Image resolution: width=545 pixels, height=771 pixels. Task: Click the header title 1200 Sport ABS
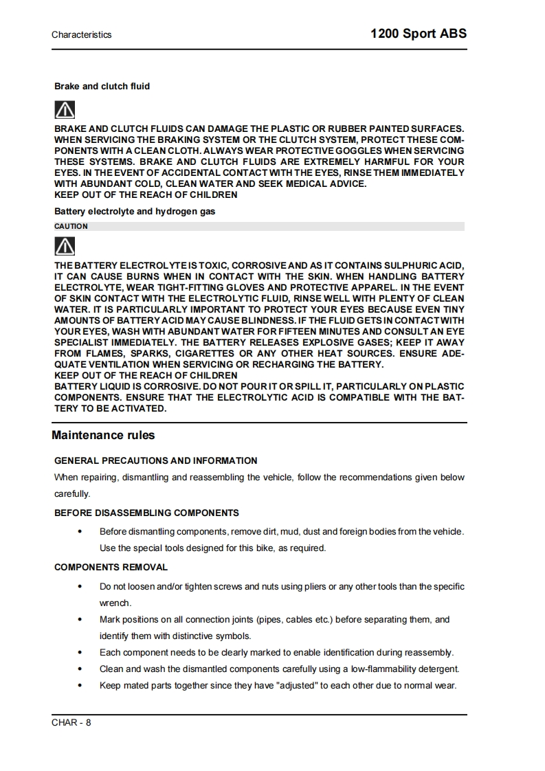tap(418, 34)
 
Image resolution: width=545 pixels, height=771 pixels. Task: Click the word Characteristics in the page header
tap(81, 34)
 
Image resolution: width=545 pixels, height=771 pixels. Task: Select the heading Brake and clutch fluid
tap(102, 87)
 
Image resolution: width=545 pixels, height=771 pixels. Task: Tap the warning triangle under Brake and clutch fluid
tap(65, 109)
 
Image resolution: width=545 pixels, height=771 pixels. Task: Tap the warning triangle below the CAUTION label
tap(65, 246)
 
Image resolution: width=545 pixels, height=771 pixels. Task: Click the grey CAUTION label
tap(71, 226)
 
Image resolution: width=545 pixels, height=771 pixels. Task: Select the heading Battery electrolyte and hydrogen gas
tap(135, 212)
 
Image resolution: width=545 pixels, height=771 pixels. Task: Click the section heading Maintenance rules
tap(103, 436)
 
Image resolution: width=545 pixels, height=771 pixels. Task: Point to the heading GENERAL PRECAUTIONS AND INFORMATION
tap(156, 461)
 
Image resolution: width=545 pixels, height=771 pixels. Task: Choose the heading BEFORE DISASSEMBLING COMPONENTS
tap(146, 513)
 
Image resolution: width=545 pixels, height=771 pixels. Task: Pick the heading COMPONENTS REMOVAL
tap(111, 568)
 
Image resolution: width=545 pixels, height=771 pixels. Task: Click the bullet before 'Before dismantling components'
tap(80, 532)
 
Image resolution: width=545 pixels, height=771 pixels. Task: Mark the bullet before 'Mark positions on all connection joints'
tap(80, 620)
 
